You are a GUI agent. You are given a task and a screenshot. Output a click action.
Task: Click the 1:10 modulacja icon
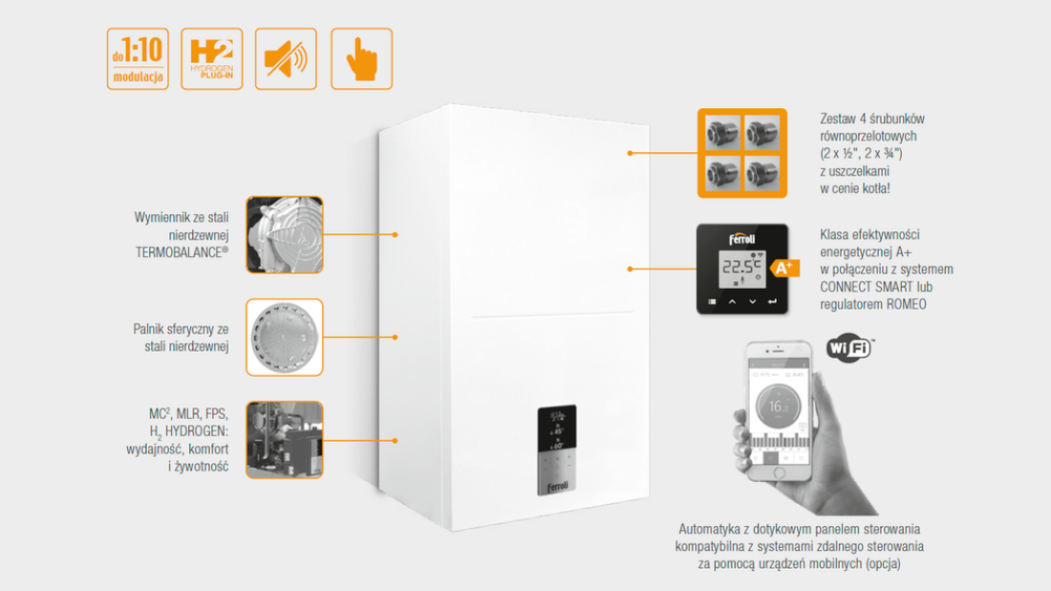138,59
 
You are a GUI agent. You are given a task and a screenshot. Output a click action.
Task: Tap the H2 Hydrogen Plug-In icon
211,59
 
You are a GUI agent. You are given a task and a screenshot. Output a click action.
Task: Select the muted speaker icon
285,59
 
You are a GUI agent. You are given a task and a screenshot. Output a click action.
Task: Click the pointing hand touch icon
361,59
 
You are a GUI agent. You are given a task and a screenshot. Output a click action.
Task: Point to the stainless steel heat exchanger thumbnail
285,234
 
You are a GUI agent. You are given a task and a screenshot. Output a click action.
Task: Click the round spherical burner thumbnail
285,338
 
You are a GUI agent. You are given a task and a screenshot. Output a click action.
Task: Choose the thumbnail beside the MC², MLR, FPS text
285,440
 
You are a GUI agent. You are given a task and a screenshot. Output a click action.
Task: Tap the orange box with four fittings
741,153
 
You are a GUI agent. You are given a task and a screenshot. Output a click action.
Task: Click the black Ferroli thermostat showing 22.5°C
741,270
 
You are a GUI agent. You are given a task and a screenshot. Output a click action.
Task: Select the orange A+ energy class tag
784,269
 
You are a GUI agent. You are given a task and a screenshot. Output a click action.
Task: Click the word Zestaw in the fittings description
838,120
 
